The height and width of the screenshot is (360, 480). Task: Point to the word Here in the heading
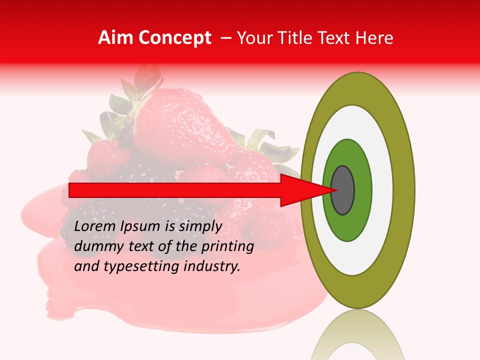375,38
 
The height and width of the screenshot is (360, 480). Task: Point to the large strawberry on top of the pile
180,125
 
